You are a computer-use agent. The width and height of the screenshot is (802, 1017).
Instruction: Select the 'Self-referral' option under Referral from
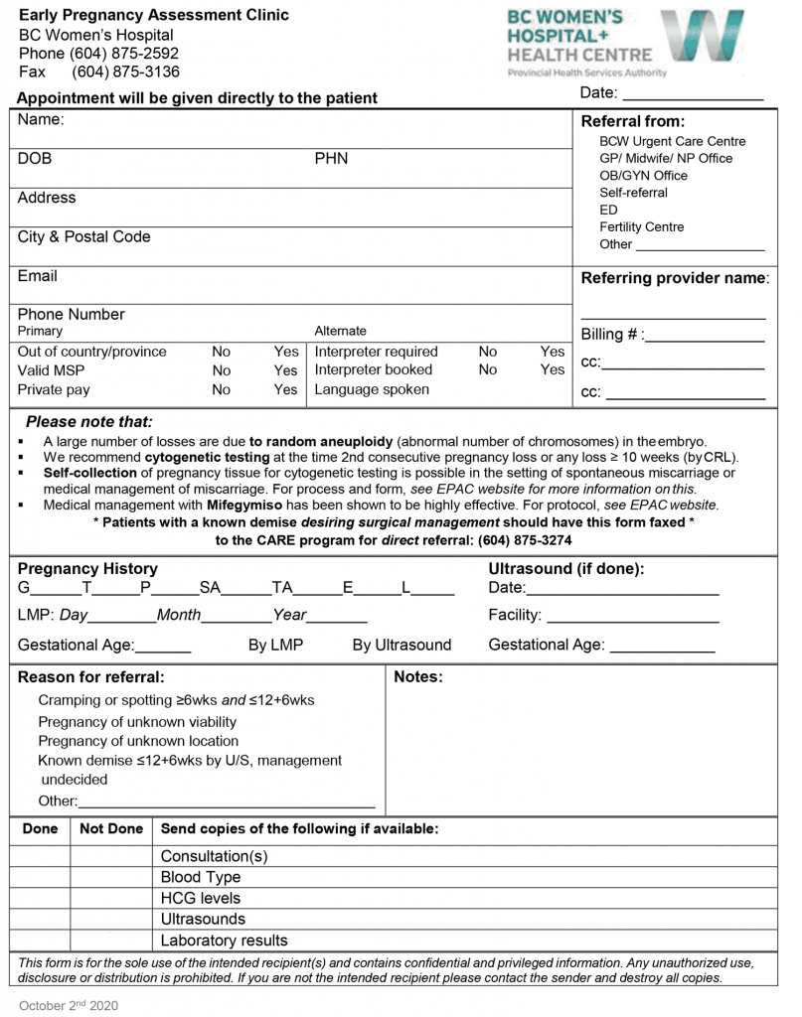coord(633,193)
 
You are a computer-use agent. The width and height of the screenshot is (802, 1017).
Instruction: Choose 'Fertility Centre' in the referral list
coord(641,227)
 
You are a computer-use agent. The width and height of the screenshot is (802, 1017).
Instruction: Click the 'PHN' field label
coord(331,159)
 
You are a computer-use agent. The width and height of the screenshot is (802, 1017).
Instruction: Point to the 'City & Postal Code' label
coord(83,237)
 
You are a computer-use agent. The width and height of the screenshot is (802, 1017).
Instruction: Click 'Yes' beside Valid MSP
coord(285,370)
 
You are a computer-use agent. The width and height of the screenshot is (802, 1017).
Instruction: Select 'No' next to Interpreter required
coord(488,352)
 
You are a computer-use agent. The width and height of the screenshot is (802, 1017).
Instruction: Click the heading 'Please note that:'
coord(89,422)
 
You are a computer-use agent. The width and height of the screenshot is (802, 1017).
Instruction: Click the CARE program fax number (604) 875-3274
coord(525,540)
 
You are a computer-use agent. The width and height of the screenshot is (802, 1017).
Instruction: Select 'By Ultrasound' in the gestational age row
coord(401,646)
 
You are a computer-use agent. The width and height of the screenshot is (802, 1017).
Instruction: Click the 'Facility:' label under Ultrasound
coord(515,616)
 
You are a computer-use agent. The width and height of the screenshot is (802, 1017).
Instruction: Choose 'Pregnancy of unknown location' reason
coord(138,741)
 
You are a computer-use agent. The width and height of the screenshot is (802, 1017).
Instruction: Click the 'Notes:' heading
coord(418,677)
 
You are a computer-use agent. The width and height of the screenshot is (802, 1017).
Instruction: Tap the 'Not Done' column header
coord(111,828)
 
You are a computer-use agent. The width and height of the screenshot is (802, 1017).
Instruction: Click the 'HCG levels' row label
coord(201,899)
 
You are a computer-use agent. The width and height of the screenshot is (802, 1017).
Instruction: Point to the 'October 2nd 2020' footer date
coord(69,1006)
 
